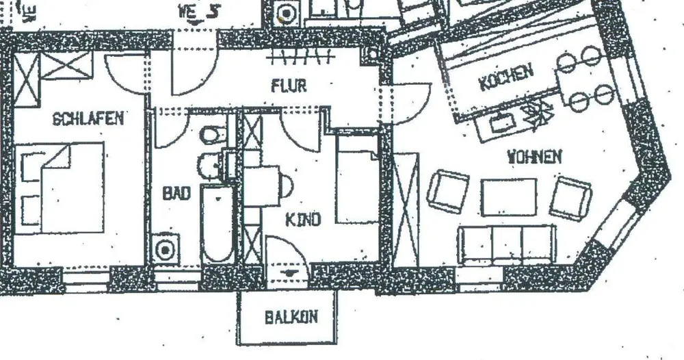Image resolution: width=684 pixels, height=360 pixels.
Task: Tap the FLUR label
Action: click(289, 86)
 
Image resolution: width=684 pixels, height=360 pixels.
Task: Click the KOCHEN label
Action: click(505, 78)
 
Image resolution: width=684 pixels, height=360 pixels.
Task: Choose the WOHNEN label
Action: click(534, 157)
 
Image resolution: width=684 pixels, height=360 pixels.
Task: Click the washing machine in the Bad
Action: click(166, 249)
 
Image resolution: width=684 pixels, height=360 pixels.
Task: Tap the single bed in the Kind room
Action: click(356, 179)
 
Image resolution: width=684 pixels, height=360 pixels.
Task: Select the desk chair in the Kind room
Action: click(286, 183)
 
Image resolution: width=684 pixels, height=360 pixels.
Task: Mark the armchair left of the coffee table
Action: click(449, 191)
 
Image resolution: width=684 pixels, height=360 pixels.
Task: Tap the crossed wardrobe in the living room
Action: click(406, 206)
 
